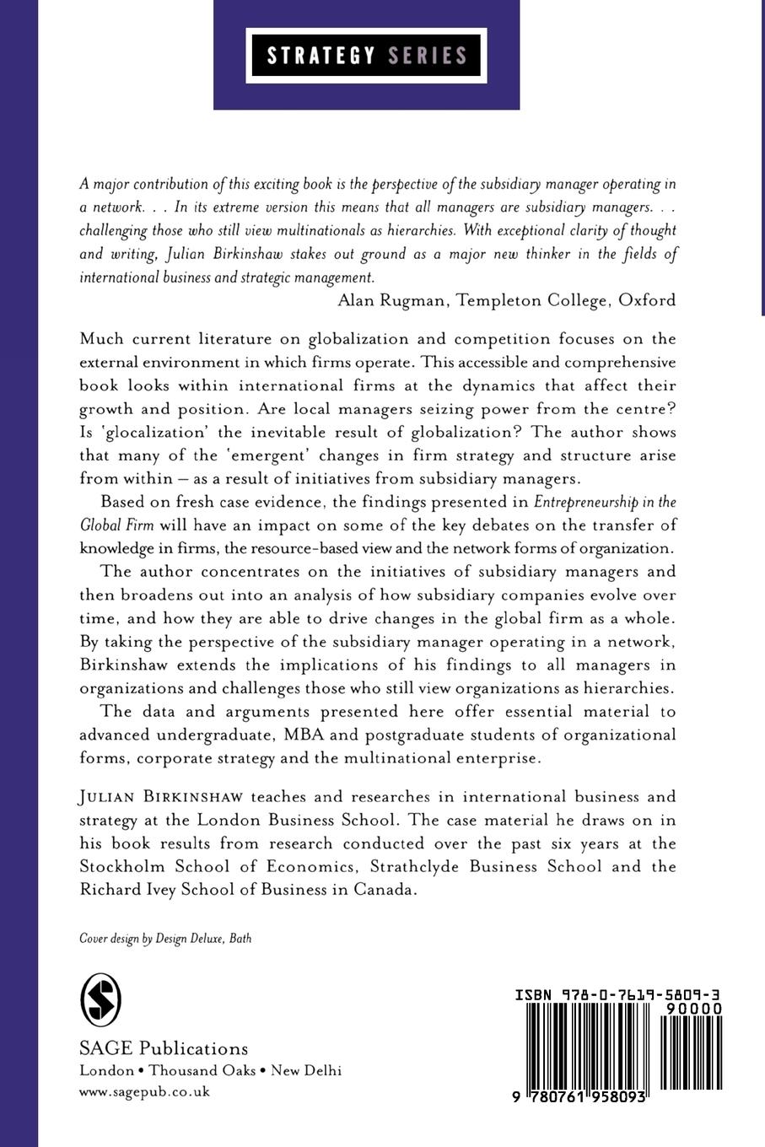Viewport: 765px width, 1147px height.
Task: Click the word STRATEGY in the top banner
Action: point(321,56)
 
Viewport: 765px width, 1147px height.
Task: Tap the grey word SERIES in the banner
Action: point(428,56)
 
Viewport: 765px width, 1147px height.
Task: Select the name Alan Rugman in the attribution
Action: point(391,299)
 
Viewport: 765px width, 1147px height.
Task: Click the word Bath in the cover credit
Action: point(240,938)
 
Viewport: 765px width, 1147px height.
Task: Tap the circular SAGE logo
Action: point(100,1000)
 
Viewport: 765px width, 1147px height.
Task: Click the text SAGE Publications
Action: point(164,1048)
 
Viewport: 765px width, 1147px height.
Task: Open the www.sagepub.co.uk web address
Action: point(144,1091)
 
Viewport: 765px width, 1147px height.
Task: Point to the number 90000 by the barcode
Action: point(693,1009)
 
